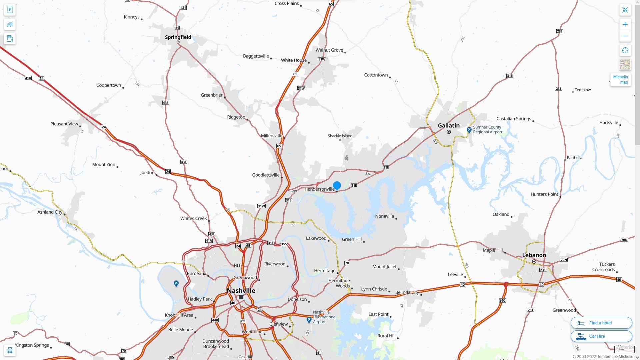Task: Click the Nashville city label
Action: (241, 291)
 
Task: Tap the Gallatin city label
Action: (448, 126)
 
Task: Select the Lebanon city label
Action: (534, 255)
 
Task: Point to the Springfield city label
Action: (178, 37)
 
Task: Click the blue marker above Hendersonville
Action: (337, 185)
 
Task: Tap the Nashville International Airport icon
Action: (309, 320)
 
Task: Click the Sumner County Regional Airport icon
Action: (469, 130)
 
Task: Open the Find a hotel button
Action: (601, 323)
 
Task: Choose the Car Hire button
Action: (601, 336)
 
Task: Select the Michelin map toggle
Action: (620, 80)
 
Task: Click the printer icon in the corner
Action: (10, 350)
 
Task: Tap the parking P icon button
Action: (10, 10)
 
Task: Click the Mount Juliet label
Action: (384, 267)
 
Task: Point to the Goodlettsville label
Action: (266, 175)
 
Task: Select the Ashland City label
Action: (50, 212)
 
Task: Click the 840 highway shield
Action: (502, 300)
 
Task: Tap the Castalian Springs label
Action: (513, 119)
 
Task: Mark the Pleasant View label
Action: (64, 124)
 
